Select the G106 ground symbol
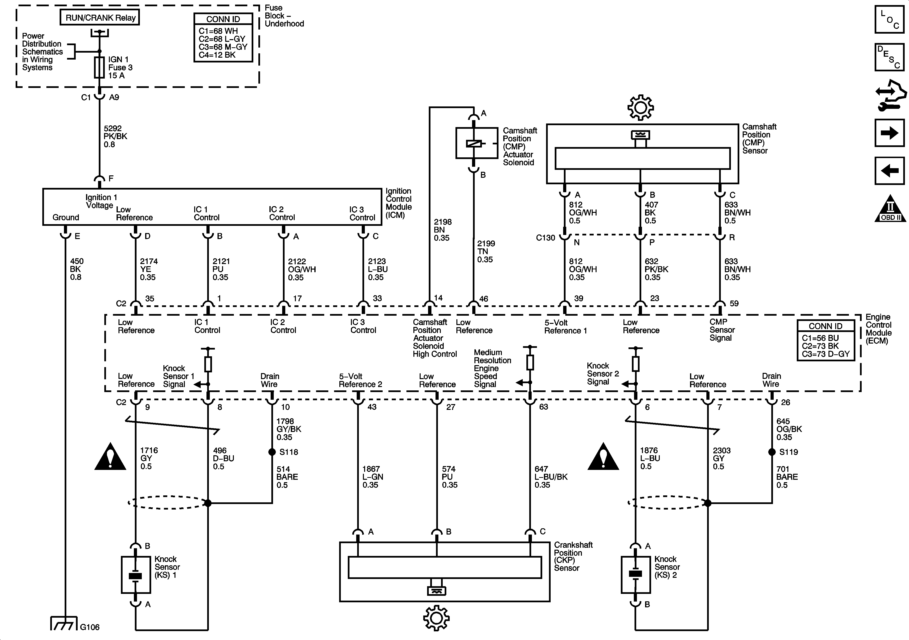64,624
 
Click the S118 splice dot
272,452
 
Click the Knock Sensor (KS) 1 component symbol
136,575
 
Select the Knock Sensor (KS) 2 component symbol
635,575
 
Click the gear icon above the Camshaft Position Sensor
640,107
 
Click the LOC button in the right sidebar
889,19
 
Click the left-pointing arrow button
889,171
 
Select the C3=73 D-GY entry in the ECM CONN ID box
825,354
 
